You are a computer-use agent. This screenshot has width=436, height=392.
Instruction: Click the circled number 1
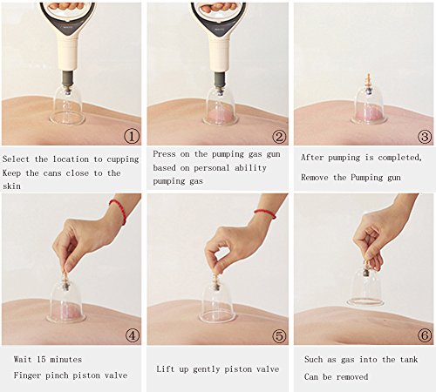[132, 136]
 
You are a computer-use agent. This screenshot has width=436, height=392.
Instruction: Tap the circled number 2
[279, 136]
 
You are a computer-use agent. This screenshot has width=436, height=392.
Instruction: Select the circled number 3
[425, 136]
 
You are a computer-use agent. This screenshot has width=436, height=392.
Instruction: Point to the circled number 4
[132, 335]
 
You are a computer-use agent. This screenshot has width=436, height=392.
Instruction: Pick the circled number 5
[279, 335]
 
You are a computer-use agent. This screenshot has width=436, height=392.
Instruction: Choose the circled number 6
[425, 335]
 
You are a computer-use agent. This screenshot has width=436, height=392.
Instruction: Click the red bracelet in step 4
[119, 210]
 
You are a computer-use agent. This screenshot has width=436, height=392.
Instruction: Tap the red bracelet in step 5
[265, 213]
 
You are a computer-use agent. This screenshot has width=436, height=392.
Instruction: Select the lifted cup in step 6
[365, 287]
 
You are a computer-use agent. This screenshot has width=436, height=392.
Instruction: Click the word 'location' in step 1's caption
[71, 159]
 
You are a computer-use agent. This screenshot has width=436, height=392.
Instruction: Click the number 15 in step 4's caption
[41, 360]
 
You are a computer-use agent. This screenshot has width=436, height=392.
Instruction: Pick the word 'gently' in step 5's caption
[206, 369]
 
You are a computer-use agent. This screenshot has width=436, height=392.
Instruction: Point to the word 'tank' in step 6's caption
[409, 360]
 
